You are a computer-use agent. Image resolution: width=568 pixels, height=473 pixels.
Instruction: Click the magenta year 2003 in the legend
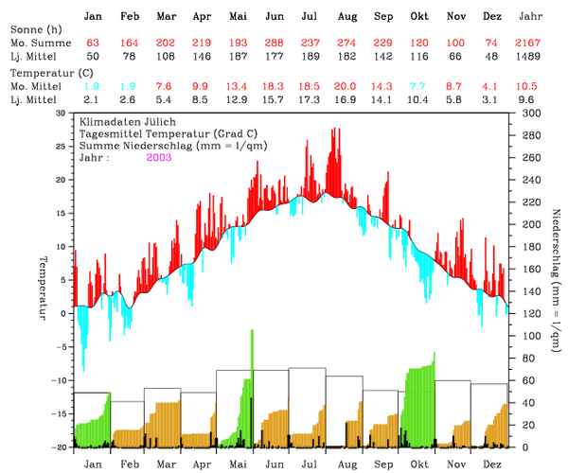coord(160,157)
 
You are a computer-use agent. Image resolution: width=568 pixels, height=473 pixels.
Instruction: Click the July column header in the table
coord(309,17)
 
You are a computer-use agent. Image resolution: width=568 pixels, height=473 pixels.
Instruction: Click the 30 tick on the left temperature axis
coord(62,113)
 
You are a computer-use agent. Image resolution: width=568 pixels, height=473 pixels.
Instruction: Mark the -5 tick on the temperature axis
coord(62,346)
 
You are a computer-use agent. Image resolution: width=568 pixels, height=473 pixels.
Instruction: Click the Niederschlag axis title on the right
coord(553,280)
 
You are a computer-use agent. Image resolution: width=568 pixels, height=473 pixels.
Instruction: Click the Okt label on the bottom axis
coord(418,464)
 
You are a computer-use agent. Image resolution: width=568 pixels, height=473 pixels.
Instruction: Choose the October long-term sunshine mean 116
coord(419,58)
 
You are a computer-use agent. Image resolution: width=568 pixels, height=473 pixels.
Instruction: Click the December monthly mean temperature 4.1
coord(492,86)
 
